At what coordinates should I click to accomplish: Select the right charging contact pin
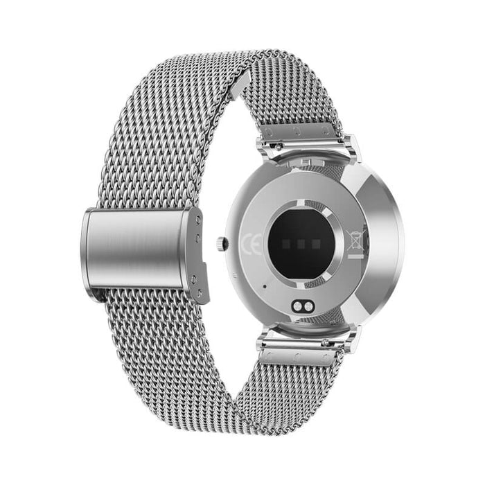click(x=308, y=306)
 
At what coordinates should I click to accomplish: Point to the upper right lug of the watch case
click(x=352, y=147)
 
